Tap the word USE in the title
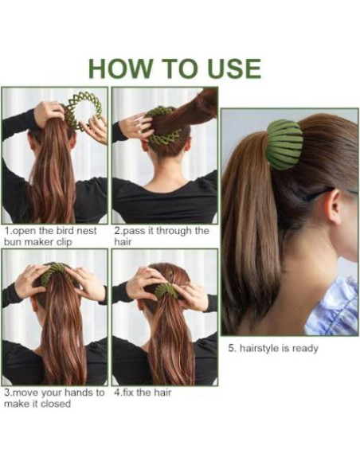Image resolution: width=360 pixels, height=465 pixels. click(234, 68)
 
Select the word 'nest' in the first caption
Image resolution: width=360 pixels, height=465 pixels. click(87, 231)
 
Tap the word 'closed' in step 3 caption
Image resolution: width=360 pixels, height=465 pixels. click(56, 404)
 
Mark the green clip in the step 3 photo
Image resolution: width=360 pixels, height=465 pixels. click(53, 273)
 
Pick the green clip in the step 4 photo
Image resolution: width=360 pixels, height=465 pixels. click(166, 290)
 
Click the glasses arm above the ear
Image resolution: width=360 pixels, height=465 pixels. click(323, 193)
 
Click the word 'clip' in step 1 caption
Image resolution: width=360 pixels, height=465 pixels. click(65, 242)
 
